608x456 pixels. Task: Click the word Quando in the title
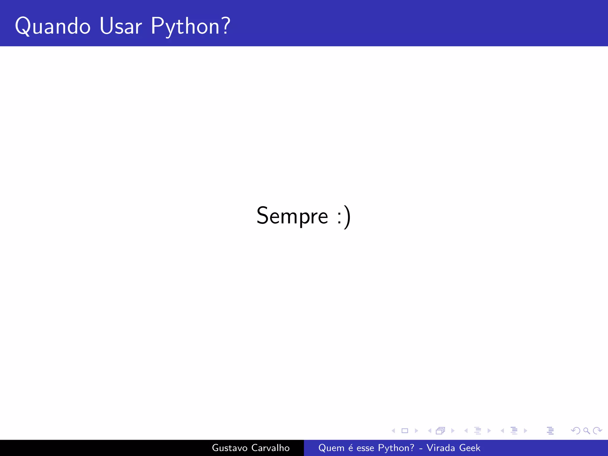click(53, 26)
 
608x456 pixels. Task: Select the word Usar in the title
click(121, 26)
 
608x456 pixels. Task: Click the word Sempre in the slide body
click(292, 216)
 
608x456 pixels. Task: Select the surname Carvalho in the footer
click(270, 448)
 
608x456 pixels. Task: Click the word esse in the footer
click(365, 448)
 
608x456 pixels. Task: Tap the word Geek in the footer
click(470, 448)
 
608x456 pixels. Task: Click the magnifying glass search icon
click(586, 430)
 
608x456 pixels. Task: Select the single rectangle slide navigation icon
click(405, 430)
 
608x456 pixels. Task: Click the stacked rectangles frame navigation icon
click(440, 430)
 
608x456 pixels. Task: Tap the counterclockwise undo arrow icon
click(576, 430)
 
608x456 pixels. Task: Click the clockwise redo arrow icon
click(597, 430)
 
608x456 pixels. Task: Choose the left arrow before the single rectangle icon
click(393, 430)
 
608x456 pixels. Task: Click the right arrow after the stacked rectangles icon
click(453, 430)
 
